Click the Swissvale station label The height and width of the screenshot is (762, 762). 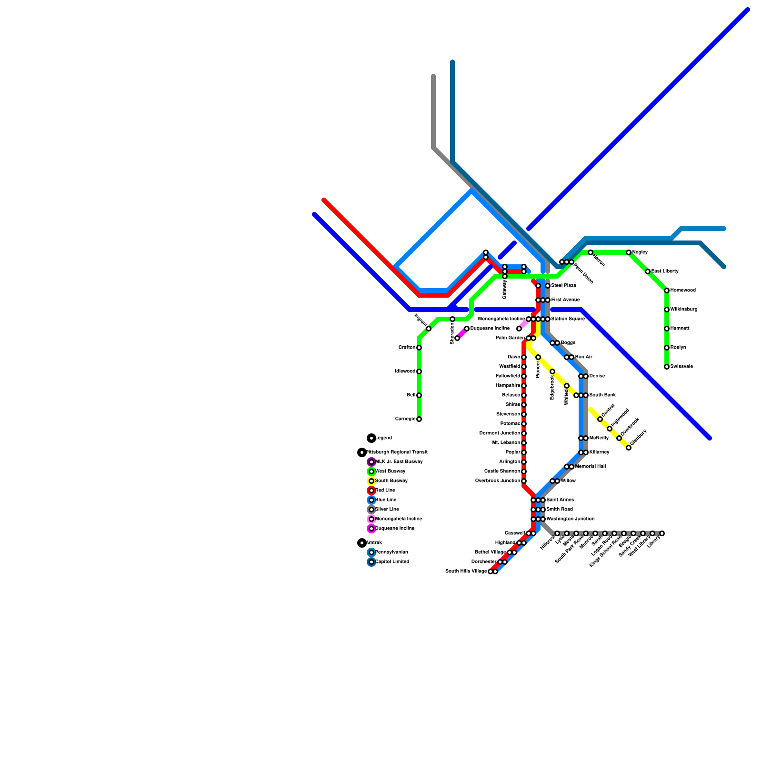[681, 367]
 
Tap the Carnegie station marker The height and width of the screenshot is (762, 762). [419, 419]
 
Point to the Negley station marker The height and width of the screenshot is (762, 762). [629, 252]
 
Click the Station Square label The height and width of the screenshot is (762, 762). [568, 319]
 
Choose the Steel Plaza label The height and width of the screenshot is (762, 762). [563, 286]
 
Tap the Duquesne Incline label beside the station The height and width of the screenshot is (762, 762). [490, 329]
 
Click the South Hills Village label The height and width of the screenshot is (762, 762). [466, 571]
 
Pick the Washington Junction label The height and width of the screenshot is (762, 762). [570, 519]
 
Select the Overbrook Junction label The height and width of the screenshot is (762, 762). [497, 481]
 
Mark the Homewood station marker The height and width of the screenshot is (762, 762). [667, 291]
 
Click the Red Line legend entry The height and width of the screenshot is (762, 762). [385, 491]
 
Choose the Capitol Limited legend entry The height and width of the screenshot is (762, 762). [392, 562]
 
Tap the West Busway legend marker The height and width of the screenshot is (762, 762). [371, 471]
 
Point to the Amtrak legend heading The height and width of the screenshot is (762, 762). [374, 543]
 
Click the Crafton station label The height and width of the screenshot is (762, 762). [407, 348]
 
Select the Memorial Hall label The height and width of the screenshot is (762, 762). [590, 467]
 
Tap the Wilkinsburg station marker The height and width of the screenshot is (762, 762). [667, 310]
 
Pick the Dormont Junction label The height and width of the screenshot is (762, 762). [500, 433]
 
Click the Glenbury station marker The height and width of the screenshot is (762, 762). [629, 448]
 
